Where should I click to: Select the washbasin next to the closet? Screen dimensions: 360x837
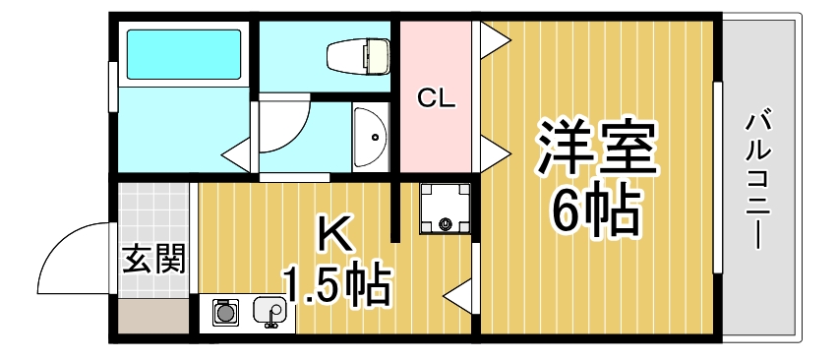(372, 137)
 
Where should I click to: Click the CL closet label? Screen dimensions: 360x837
(436, 98)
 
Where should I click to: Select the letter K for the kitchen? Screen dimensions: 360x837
(334, 235)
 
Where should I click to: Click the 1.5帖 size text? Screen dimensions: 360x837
(337, 285)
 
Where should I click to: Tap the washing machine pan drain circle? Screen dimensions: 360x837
(446, 224)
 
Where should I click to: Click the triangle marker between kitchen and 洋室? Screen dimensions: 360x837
(457, 293)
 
